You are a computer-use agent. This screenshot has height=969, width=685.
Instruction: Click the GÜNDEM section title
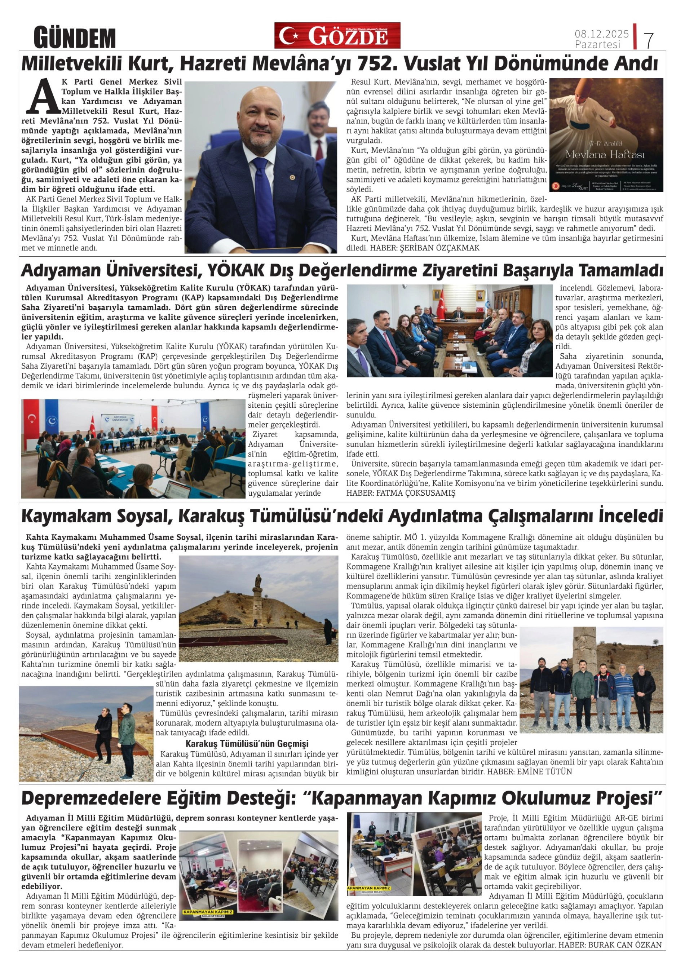[74, 38]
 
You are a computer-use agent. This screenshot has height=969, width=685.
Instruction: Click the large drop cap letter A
[45, 97]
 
